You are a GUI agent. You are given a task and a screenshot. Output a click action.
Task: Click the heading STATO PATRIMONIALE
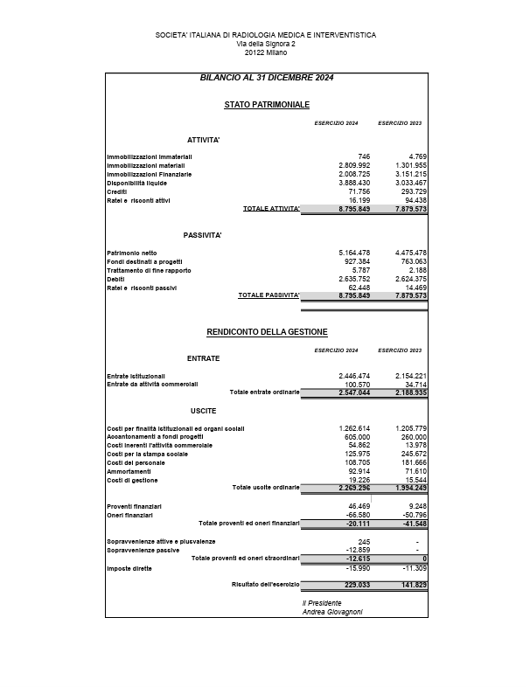pos(267,105)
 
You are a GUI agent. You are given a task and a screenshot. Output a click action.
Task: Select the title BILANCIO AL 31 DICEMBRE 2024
pos(267,78)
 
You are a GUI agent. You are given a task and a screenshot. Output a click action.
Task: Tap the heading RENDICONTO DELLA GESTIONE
pos(267,332)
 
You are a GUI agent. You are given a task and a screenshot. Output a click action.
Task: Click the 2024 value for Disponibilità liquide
pos(354,183)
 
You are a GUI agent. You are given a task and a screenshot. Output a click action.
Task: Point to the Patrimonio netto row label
pos(132,253)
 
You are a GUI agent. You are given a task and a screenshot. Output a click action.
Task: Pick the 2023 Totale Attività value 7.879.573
pos(410,209)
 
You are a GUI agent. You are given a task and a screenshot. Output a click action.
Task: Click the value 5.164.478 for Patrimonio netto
pos(354,253)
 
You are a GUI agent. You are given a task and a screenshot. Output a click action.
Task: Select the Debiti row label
pos(116,279)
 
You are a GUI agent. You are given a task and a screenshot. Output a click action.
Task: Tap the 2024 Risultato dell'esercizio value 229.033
pos(354,585)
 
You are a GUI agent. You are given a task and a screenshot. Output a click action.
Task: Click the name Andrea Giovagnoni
pos(332,612)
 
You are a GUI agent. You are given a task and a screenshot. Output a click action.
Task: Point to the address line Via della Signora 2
pos(266,43)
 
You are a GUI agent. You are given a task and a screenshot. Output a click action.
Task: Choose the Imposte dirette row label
pos(129,568)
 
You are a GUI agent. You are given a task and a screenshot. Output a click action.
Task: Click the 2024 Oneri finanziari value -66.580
pos(354,515)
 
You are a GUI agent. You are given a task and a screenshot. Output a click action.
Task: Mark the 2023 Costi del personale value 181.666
pos(410,462)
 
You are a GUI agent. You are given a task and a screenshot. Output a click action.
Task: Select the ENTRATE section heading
pos(203,358)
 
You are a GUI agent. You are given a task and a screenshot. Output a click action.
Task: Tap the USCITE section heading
pos(203,410)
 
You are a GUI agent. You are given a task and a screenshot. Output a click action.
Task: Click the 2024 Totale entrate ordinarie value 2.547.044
pos(354,392)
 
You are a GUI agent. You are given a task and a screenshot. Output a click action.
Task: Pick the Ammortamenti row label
pos(129,471)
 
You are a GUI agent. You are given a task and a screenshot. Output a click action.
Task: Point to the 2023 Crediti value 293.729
pos(410,191)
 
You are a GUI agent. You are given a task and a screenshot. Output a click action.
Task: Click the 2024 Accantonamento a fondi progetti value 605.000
pos(354,436)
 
